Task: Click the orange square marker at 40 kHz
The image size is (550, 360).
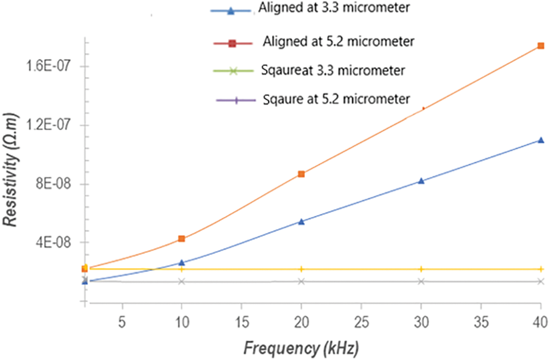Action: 540,46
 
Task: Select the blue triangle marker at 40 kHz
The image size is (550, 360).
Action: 540,140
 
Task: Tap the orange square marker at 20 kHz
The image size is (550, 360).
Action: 301,174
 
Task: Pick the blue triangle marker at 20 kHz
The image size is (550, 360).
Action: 301,221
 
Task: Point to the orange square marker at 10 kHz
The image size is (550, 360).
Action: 182,239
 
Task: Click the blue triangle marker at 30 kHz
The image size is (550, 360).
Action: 421,180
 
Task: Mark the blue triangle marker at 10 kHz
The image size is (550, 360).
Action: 182,262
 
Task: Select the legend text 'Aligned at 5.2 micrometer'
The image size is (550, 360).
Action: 339,42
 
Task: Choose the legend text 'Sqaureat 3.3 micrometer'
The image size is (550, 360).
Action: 331,71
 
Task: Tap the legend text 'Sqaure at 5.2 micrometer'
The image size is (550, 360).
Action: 335,98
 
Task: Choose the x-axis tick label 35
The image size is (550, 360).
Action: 480,321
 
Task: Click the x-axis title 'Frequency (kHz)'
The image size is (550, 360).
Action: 300,349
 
